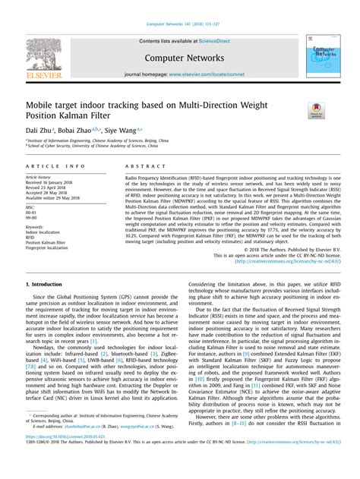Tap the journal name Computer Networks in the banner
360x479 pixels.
coord(179,57)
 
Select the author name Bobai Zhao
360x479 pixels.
coord(80,131)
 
